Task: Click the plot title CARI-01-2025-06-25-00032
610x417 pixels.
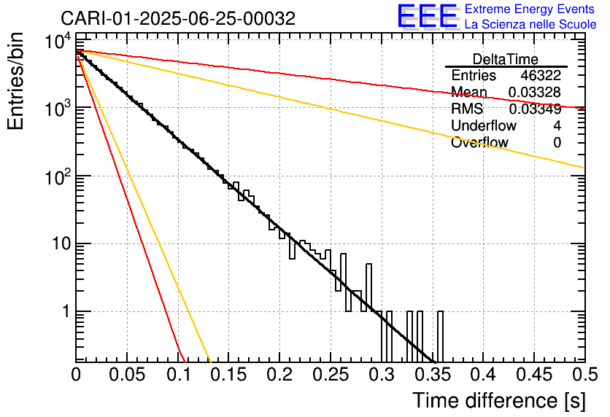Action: click(178, 19)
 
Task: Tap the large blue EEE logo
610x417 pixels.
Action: click(427, 17)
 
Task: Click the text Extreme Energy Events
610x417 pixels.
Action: click(530, 9)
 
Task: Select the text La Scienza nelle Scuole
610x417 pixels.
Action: click(530, 25)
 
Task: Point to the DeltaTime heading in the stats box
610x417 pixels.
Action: click(505, 59)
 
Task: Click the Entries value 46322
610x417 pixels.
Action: click(541, 76)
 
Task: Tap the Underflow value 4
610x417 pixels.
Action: click(557, 126)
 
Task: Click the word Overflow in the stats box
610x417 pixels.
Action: click(479, 143)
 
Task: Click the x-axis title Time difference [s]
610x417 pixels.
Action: click(498, 400)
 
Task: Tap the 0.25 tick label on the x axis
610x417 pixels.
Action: click(330, 375)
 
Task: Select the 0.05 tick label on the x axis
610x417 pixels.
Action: click(127, 375)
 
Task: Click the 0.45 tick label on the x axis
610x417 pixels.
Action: click(533, 375)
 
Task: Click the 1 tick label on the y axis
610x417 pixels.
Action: click(64, 312)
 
